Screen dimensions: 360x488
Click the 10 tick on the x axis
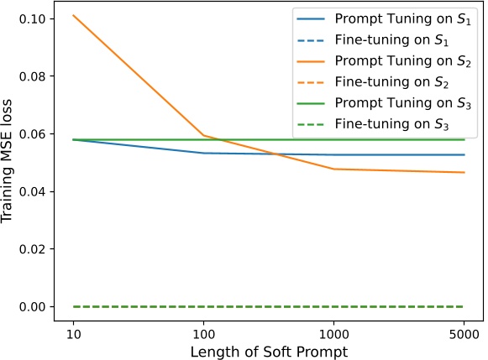tap(74, 332)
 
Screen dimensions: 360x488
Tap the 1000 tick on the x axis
tap(334, 332)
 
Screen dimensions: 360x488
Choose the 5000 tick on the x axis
tap(464, 332)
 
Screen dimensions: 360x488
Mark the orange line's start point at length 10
tap(74, 15)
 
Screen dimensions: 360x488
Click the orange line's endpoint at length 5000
tap(464, 172)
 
